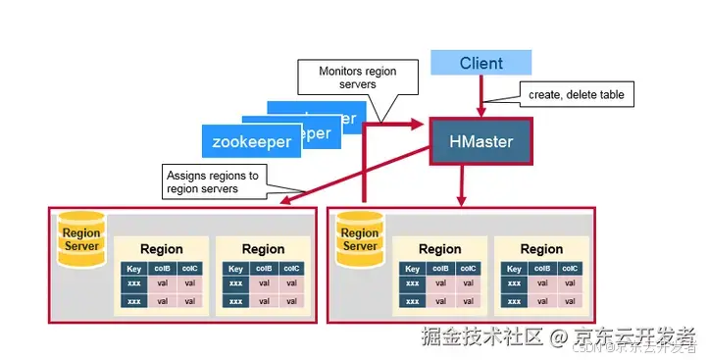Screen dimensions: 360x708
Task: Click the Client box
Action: (x=480, y=64)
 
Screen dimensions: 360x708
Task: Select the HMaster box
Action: (x=480, y=142)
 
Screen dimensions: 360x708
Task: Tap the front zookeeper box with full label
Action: (x=252, y=141)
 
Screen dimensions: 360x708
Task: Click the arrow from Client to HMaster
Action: (x=480, y=96)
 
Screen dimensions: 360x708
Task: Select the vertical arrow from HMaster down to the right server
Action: (x=460, y=186)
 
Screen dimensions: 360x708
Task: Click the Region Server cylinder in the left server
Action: (x=80, y=239)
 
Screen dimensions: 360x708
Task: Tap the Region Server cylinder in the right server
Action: (x=359, y=239)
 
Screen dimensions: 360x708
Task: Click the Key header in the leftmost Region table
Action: (x=134, y=268)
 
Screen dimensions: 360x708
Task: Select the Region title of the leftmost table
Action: (x=161, y=249)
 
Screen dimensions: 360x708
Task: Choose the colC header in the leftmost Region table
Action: (x=190, y=268)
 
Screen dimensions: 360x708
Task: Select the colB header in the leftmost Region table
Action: (x=163, y=268)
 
